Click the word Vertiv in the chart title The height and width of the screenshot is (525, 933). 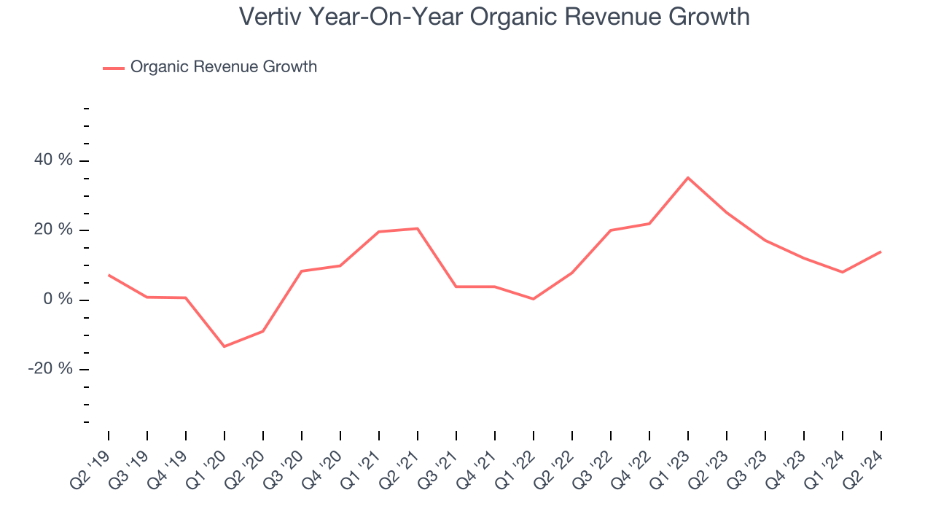coord(270,17)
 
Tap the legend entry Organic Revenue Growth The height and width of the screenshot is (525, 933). coord(223,67)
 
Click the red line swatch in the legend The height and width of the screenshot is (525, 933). coord(114,68)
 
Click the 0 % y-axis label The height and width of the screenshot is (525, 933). coord(59,300)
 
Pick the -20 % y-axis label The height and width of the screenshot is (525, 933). coord(51,369)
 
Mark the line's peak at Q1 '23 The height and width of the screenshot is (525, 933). coord(688,177)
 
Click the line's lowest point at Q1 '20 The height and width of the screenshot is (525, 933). coord(224,346)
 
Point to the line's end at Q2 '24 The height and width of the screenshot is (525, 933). coord(881,252)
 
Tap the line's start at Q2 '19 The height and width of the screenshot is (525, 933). coord(109,275)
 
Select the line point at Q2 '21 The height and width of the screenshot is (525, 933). coord(418,229)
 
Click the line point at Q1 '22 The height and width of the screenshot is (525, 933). coord(534,299)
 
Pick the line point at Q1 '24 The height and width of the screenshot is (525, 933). coord(843,272)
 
